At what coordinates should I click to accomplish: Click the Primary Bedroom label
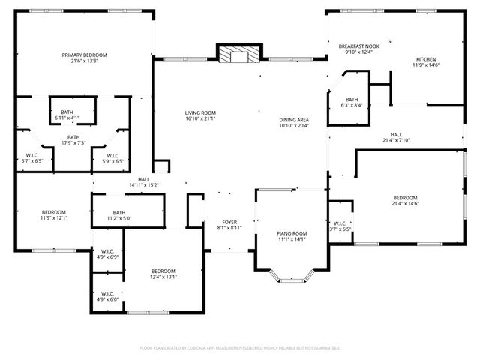coord(84,55)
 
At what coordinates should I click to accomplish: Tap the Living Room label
coord(200,113)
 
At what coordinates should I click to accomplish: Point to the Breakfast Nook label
coord(358,46)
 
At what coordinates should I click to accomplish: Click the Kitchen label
coord(426,59)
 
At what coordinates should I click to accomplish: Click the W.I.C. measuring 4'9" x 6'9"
coord(107,252)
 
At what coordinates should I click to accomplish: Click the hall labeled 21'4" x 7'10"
coord(396,139)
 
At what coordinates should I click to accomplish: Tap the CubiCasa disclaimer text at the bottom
coord(240,348)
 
